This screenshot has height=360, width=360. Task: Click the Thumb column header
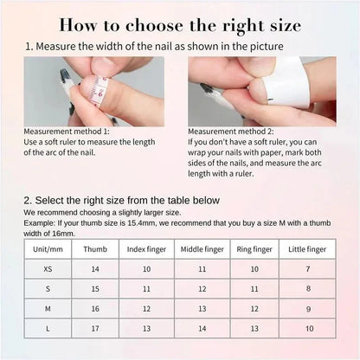95,248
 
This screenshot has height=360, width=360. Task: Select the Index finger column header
146,248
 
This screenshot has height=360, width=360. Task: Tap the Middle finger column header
202,248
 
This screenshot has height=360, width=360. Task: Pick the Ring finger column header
254,248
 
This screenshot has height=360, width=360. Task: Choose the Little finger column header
308,248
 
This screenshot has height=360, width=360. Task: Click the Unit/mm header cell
48,248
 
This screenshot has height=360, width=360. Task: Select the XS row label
48,268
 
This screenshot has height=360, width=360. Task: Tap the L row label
48,328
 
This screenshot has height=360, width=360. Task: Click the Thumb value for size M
95,308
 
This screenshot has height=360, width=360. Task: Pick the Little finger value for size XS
308,268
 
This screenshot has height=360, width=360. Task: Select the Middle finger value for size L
202,328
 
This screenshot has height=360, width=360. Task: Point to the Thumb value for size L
95,328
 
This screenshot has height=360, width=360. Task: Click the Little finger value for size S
308,288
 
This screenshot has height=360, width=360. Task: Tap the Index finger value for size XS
146,268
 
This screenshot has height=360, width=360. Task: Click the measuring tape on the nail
100,87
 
